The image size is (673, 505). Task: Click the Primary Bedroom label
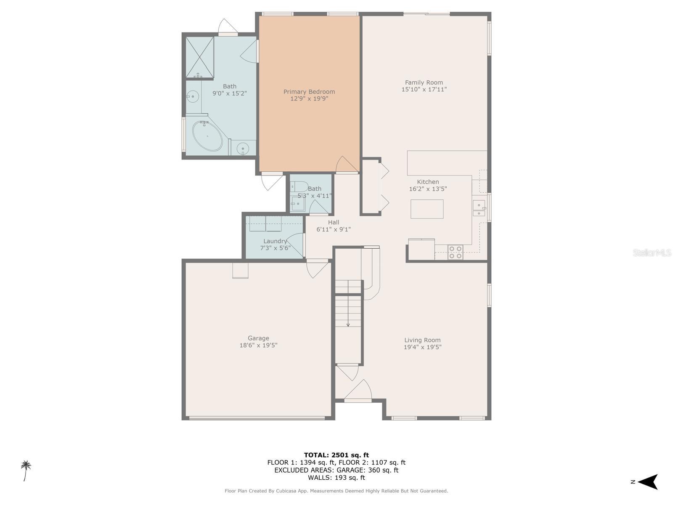309,92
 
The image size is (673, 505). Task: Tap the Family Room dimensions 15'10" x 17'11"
424,89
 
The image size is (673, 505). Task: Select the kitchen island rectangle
427,209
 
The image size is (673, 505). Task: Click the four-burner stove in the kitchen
455,252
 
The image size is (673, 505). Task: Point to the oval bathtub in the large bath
207,136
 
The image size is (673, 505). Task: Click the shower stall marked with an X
200,56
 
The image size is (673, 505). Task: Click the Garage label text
258,338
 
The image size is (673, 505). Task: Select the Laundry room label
275,241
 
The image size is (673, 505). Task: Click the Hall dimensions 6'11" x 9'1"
334,229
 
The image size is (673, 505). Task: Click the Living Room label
422,340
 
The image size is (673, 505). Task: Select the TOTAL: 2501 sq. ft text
336,455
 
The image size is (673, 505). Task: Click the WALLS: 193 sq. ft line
336,478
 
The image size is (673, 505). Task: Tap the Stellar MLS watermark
652,252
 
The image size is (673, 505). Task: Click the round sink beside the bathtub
243,149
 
